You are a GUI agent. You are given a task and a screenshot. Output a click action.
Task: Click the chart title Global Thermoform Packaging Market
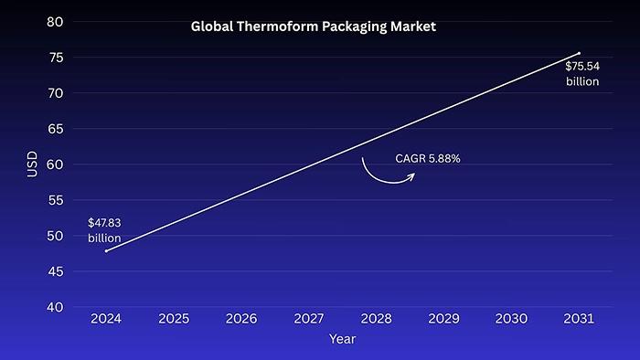click(x=314, y=26)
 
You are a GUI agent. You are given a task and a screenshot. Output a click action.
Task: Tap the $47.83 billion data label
click(x=104, y=230)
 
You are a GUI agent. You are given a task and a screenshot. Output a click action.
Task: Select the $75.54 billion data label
click(x=581, y=74)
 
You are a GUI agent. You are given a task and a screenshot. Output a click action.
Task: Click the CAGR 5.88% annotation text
click(x=427, y=159)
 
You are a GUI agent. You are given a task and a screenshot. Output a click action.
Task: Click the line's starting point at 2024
click(x=106, y=250)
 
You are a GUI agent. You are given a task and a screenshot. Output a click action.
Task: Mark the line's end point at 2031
click(x=579, y=53)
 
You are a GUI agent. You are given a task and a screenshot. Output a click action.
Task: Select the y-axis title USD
click(x=32, y=164)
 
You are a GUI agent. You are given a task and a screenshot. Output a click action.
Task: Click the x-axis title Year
click(x=342, y=339)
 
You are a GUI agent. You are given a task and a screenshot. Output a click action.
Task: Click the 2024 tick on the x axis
click(x=106, y=319)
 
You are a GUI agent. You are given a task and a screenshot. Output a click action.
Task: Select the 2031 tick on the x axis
click(x=579, y=319)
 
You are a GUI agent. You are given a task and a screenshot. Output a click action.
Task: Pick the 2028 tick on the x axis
click(x=376, y=319)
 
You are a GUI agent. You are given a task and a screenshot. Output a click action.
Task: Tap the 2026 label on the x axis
click(x=241, y=319)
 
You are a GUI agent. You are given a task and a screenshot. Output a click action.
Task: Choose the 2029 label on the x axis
click(x=443, y=319)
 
